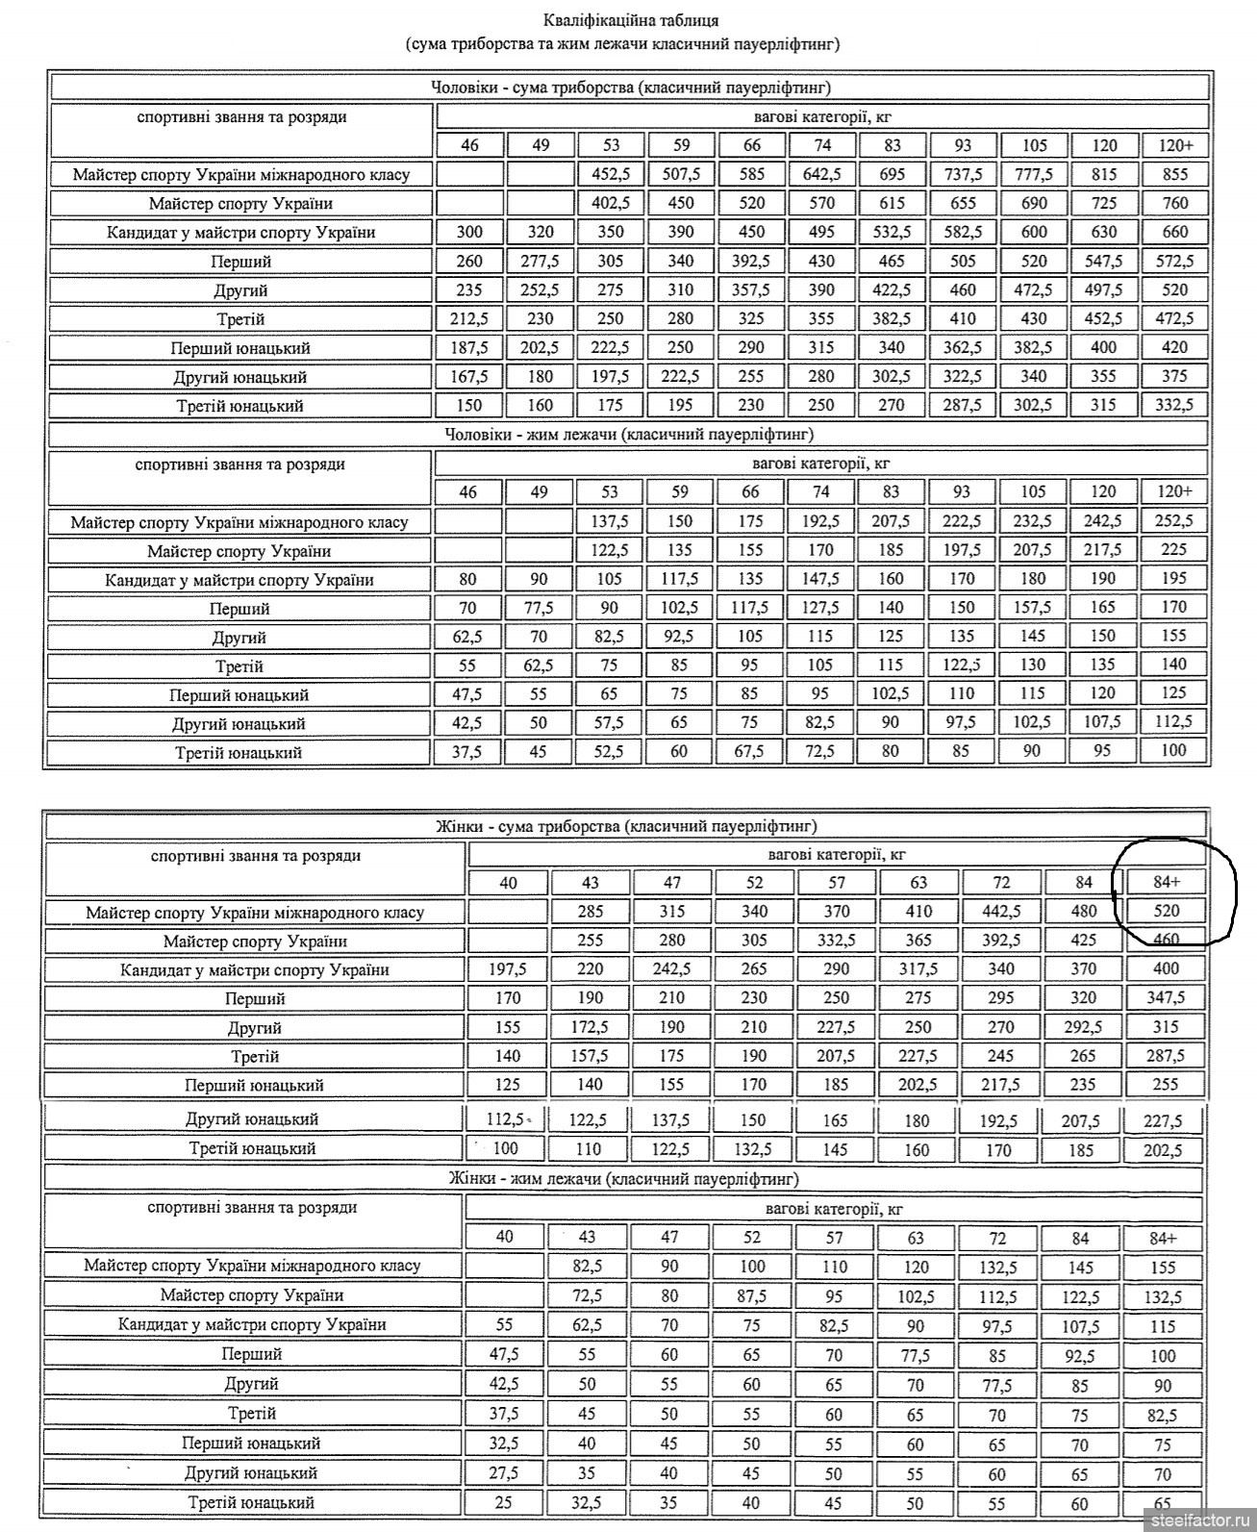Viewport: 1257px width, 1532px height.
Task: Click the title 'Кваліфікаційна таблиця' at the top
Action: point(630,19)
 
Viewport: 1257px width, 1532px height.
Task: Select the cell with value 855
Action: point(1174,174)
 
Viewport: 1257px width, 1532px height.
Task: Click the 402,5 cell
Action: point(610,203)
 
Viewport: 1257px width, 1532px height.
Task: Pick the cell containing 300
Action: point(469,232)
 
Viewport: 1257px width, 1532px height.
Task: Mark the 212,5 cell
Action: point(469,318)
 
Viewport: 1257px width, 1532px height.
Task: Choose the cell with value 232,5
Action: point(1032,520)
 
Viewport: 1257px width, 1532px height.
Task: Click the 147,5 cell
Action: point(820,579)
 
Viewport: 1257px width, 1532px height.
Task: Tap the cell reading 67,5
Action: point(750,751)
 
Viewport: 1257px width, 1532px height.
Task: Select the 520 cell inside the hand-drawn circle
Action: point(1165,911)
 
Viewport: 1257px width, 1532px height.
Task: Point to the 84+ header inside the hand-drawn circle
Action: point(1165,882)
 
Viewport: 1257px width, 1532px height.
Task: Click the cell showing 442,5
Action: point(1000,911)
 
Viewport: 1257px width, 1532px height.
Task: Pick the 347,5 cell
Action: point(1165,997)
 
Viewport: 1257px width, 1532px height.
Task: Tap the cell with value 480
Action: point(1083,911)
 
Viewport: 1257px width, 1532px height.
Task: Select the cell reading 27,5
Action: point(504,1472)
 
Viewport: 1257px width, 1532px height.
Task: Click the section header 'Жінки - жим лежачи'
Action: point(624,1178)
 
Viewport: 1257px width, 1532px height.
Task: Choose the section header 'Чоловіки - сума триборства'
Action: point(630,88)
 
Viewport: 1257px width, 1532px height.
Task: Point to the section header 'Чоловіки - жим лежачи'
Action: point(629,435)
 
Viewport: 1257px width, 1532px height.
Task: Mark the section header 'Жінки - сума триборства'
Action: point(626,826)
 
